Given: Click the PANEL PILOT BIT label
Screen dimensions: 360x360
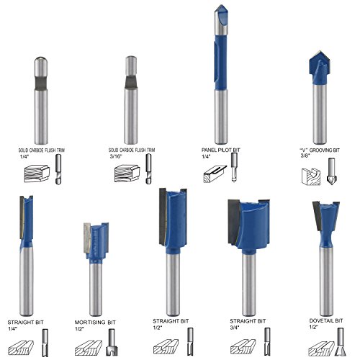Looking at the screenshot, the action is [x=220, y=150].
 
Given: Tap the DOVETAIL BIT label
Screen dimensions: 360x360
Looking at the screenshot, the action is [x=326, y=320].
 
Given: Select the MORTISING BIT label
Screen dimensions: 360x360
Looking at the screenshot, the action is [x=95, y=323].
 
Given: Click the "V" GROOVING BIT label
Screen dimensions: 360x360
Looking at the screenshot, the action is [x=320, y=150].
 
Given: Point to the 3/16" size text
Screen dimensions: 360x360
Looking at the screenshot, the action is [x=116, y=156].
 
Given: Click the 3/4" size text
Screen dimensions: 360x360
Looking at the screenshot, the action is [x=235, y=328].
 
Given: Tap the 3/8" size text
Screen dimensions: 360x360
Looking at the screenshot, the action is [x=305, y=156].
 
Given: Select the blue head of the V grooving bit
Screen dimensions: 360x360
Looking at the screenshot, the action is [x=319, y=68].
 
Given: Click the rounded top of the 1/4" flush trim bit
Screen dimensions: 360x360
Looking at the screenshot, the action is [x=40, y=59].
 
